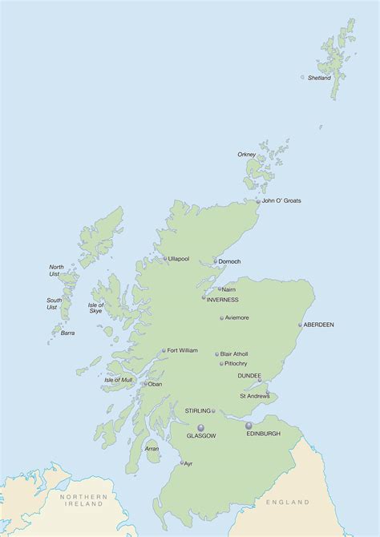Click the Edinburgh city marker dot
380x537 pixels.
(x=249, y=426)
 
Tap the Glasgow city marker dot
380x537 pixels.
(x=200, y=427)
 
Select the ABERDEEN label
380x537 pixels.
(x=319, y=325)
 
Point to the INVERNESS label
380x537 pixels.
(x=223, y=300)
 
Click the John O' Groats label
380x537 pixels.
(x=281, y=200)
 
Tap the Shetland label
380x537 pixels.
(x=319, y=78)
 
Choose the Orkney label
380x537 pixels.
(x=246, y=154)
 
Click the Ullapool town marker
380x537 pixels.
(x=165, y=259)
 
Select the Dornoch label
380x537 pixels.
(x=229, y=261)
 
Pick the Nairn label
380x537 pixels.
(x=229, y=289)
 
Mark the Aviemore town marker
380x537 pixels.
(x=222, y=318)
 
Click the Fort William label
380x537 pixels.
(x=182, y=350)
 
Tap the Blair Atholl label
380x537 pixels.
(x=234, y=353)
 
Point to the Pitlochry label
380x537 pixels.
(x=233, y=363)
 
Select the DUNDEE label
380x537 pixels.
(x=249, y=375)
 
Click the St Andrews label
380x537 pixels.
(x=254, y=395)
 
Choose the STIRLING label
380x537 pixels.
(x=197, y=410)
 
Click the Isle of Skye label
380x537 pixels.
(x=95, y=308)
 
